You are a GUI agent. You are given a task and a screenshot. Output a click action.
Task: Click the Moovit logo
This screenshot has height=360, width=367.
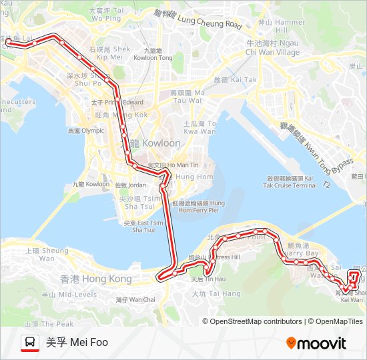(316, 343)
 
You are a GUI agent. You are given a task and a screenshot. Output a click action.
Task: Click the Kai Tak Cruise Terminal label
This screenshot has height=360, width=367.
(291, 181)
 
